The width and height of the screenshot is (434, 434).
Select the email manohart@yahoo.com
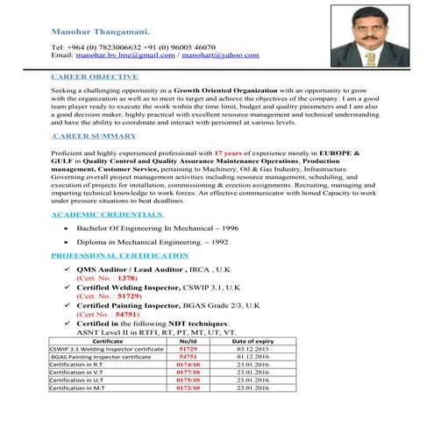(220, 54)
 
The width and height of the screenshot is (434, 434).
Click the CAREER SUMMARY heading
(94, 137)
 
